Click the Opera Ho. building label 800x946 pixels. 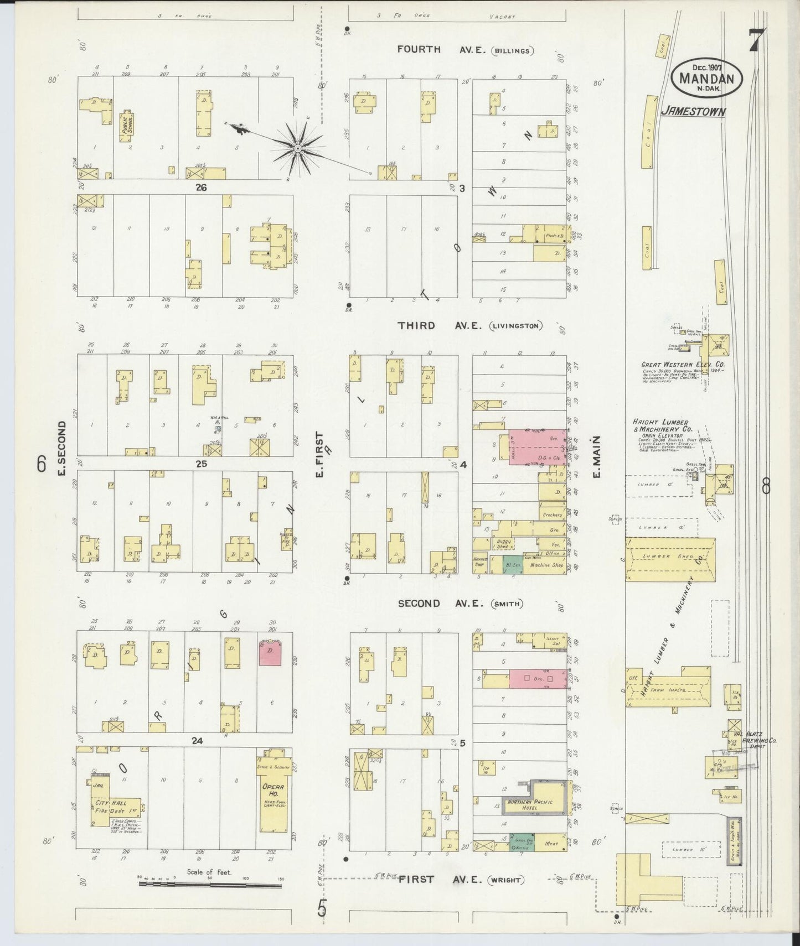coord(273,790)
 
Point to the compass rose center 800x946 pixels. coord(298,149)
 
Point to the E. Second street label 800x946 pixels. coord(61,448)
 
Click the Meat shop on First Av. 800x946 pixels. coord(551,843)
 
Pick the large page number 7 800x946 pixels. coord(757,40)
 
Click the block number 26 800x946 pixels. coord(200,188)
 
